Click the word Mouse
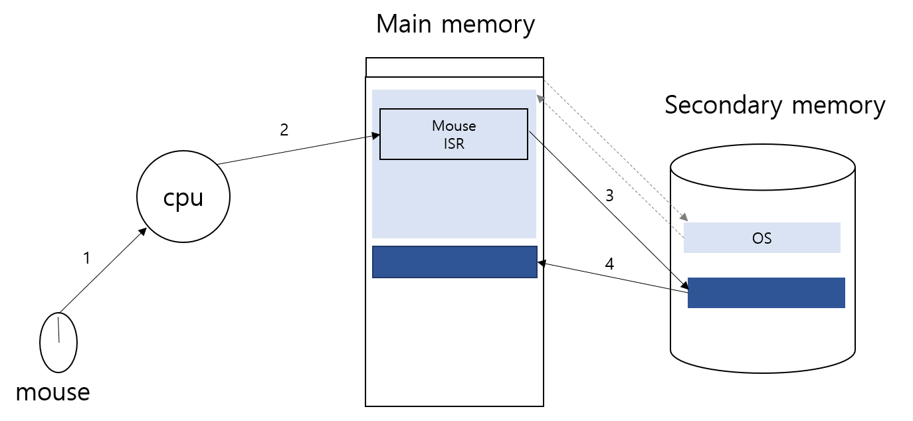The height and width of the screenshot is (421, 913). pyautogui.click(x=454, y=126)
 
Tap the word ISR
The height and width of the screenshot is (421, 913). pyautogui.click(x=454, y=143)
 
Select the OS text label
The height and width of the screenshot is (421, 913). pyautogui.click(x=761, y=238)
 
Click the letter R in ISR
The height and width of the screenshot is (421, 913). pyautogui.click(x=459, y=143)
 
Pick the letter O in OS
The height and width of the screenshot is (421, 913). pyautogui.click(x=758, y=238)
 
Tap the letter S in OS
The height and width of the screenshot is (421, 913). pyautogui.click(x=767, y=238)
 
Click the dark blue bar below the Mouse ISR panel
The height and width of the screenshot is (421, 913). pyautogui.click(x=455, y=262)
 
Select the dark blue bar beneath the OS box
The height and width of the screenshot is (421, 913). pyautogui.click(x=766, y=293)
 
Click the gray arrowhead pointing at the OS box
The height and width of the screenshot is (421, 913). pyautogui.click(x=684, y=217)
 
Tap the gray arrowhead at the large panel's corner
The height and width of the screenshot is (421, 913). pyautogui.click(x=540, y=98)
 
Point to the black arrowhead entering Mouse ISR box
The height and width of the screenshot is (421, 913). pyautogui.click(x=375, y=135)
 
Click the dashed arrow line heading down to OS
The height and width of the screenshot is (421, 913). pyautogui.click(x=615, y=150)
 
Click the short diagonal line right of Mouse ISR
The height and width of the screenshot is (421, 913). pyautogui.click(x=532, y=134)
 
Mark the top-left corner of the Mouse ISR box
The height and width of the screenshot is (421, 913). pyautogui.click(x=380, y=110)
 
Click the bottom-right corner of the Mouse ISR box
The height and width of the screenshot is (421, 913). pyautogui.click(x=528, y=159)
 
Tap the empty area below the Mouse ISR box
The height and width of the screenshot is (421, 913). pyautogui.click(x=454, y=199)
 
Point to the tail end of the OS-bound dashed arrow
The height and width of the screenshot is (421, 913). pyautogui.click(x=545, y=81)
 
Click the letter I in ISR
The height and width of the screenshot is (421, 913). pyautogui.click(x=447, y=143)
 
